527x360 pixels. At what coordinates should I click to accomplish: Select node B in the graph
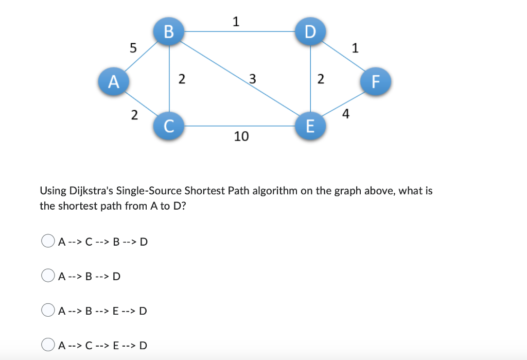(x=169, y=31)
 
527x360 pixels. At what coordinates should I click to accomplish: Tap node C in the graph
(x=169, y=125)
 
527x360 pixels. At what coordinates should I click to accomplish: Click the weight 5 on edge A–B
(x=133, y=48)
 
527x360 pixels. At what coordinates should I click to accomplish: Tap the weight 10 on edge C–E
(x=241, y=136)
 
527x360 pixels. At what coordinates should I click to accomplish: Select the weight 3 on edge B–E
(x=252, y=79)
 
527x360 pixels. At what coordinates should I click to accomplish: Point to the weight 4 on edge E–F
(x=345, y=114)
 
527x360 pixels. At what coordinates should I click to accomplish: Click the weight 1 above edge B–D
(x=235, y=22)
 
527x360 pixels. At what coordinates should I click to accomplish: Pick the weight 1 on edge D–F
(x=355, y=49)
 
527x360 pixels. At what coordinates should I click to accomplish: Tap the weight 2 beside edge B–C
(x=181, y=79)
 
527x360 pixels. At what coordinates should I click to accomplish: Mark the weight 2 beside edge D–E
(x=321, y=79)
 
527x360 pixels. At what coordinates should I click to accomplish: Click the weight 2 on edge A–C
(x=134, y=115)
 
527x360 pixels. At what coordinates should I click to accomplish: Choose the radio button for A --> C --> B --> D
(x=48, y=241)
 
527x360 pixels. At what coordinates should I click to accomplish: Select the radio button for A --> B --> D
(x=48, y=277)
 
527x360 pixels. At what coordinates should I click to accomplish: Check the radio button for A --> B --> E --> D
(x=48, y=311)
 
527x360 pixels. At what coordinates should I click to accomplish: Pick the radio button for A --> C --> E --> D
(x=48, y=345)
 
